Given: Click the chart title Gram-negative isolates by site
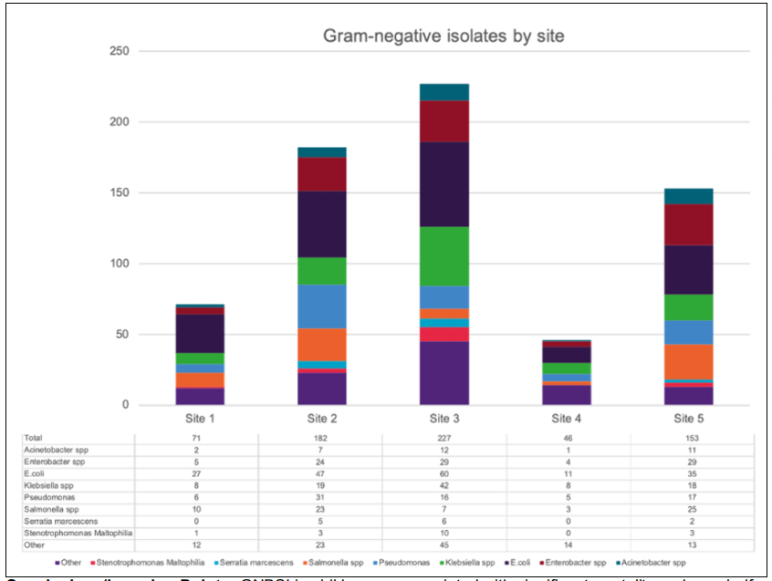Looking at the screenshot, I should point(444,36).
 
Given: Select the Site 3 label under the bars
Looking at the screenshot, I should point(444,419).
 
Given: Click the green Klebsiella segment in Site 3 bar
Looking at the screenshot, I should point(444,256).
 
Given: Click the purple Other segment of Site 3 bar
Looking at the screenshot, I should point(444,373).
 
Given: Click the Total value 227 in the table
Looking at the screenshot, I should point(444,439).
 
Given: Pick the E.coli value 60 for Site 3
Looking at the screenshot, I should point(444,474).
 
